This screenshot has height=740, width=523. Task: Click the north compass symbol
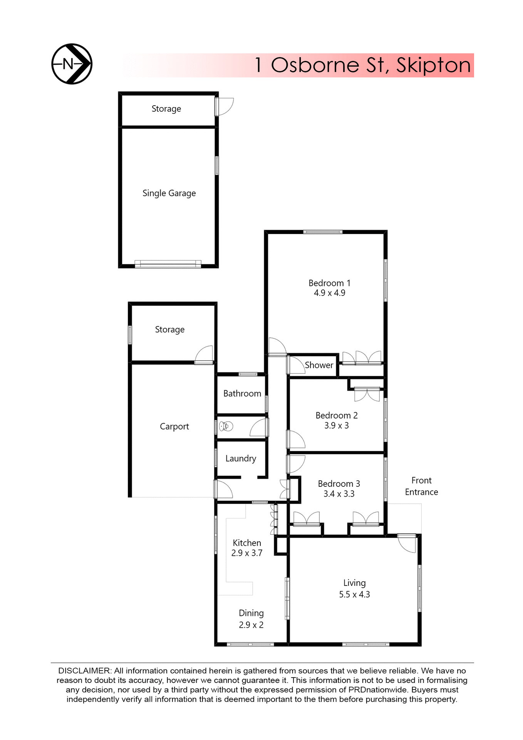pyautogui.click(x=72, y=64)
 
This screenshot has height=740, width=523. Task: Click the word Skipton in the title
pyautogui.click(x=433, y=65)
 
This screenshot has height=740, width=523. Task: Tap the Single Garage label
pyautogui.click(x=169, y=193)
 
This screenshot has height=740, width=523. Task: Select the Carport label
pyautogui.click(x=174, y=426)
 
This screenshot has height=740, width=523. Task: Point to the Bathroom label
pyautogui.click(x=242, y=394)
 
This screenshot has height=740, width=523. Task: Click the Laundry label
pyautogui.click(x=241, y=458)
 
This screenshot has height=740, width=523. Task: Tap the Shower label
pyautogui.click(x=319, y=365)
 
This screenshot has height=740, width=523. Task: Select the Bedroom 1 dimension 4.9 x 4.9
pyautogui.click(x=329, y=293)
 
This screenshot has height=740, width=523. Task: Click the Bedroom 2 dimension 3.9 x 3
pyautogui.click(x=336, y=425)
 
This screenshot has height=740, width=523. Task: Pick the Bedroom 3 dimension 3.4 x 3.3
pyautogui.click(x=339, y=494)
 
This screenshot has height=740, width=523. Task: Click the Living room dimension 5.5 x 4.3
pyautogui.click(x=354, y=594)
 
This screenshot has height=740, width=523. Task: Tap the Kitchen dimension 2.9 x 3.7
pyautogui.click(x=247, y=553)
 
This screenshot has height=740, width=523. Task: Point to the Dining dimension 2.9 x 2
pyautogui.click(x=251, y=625)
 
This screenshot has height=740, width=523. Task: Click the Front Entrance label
pyautogui.click(x=421, y=486)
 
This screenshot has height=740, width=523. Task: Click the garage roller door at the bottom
pyautogui.click(x=168, y=264)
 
